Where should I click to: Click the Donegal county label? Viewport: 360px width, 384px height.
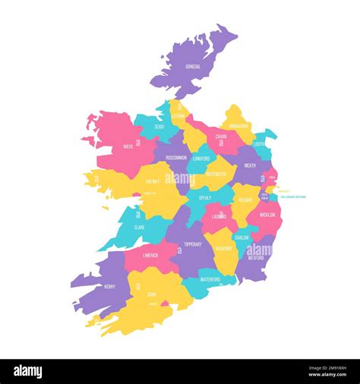click(x=193, y=67)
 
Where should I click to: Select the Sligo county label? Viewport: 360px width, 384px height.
click(x=159, y=127)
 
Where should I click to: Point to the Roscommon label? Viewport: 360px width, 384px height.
click(x=176, y=158)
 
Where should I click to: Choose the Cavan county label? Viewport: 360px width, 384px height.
click(x=221, y=137)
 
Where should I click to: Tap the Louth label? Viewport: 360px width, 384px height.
click(x=259, y=143)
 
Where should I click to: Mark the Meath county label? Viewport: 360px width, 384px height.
click(x=250, y=165)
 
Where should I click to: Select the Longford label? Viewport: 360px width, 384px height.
click(x=201, y=159)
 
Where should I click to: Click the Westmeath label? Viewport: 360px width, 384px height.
click(x=216, y=172)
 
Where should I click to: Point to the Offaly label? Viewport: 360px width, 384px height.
click(x=205, y=197)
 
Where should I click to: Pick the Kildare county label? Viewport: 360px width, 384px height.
click(x=245, y=200)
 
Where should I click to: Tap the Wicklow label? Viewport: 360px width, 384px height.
click(x=268, y=215)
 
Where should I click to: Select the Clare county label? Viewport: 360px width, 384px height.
click(x=139, y=226)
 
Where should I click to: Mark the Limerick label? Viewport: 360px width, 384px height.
click(x=150, y=255)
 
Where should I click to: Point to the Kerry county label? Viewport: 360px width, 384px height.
click(x=109, y=287)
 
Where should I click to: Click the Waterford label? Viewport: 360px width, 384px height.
click(x=210, y=279)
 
